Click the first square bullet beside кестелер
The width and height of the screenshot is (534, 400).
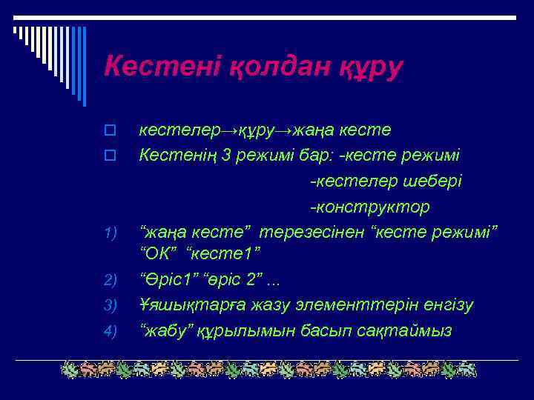[109, 131]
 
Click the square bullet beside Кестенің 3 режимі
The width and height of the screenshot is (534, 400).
[109, 156]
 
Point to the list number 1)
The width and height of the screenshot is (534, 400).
[111, 234]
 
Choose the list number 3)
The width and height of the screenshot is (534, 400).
[111, 305]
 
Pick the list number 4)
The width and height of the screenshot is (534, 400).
[111, 330]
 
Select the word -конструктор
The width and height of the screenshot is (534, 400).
[370, 206]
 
